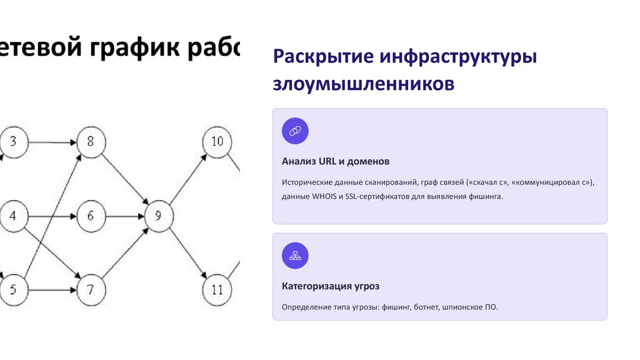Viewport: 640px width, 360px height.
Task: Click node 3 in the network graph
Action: coord(13,142)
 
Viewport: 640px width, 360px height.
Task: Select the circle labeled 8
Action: coord(91,142)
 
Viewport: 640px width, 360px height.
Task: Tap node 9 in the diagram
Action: coord(157,217)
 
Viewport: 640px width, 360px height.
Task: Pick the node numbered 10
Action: coord(217,142)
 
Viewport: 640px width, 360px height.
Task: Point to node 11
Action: coord(217,290)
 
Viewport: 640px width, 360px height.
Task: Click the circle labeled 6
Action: coord(91,217)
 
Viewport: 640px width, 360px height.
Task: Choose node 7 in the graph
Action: coord(91,290)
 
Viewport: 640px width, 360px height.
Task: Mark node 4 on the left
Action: coord(13,217)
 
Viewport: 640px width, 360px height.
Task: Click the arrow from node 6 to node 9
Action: coord(124,217)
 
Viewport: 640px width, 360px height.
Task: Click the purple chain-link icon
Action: coord(295,131)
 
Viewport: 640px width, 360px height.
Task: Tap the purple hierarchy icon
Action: coord(295,256)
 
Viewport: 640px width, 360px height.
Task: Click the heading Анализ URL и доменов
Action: coord(336,161)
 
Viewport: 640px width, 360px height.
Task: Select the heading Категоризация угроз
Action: coord(331,286)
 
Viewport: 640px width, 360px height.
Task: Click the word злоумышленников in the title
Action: coord(363,84)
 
